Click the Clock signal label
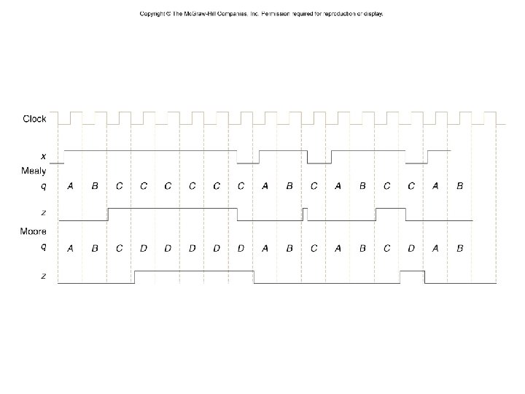(x=34, y=118)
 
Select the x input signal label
(x=43, y=155)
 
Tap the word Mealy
(x=33, y=171)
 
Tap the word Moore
(x=33, y=232)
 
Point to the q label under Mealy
(x=43, y=185)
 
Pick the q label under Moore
(x=43, y=247)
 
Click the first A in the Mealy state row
(x=70, y=186)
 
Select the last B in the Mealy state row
(x=459, y=186)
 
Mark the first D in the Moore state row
(x=144, y=248)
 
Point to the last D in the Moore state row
(x=411, y=248)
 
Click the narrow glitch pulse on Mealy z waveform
(x=306, y=213)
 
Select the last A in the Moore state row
(x=435, y=248)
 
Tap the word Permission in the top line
(x=276, y=14)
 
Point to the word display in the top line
(x=372, y=14)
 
